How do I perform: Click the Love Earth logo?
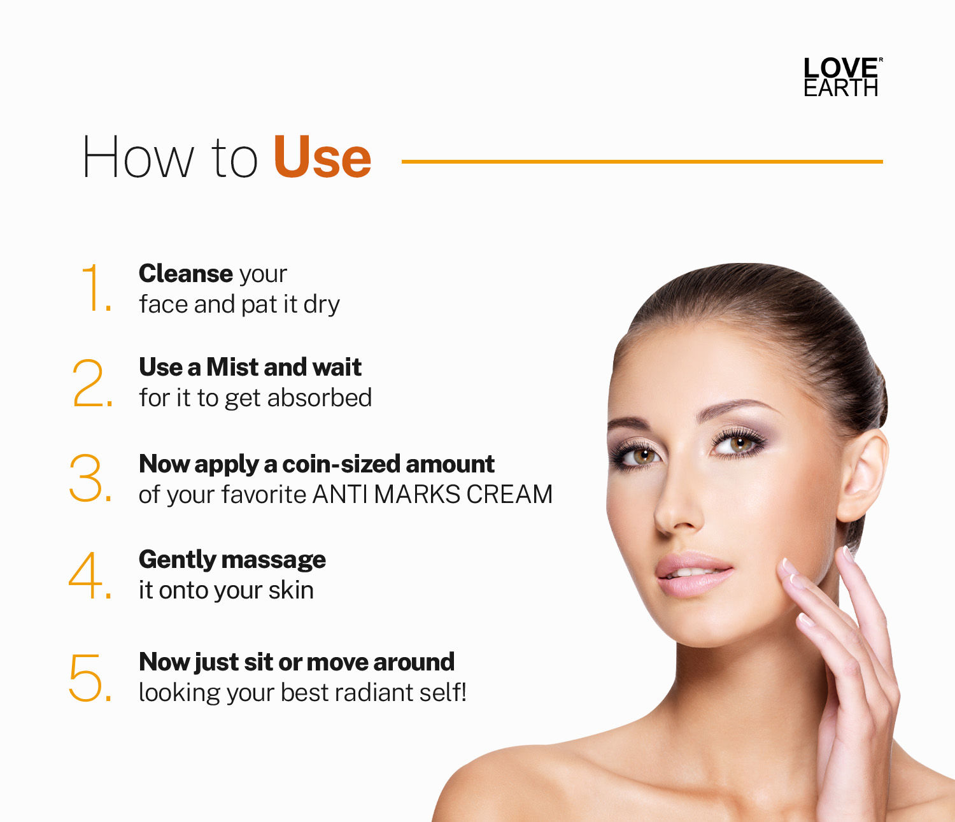tap(842, 76)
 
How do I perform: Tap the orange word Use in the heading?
tap(322, 157)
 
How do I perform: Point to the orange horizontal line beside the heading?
tap(642, 162)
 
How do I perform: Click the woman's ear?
tap(863, 474)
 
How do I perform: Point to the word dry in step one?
tap(322, 304)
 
